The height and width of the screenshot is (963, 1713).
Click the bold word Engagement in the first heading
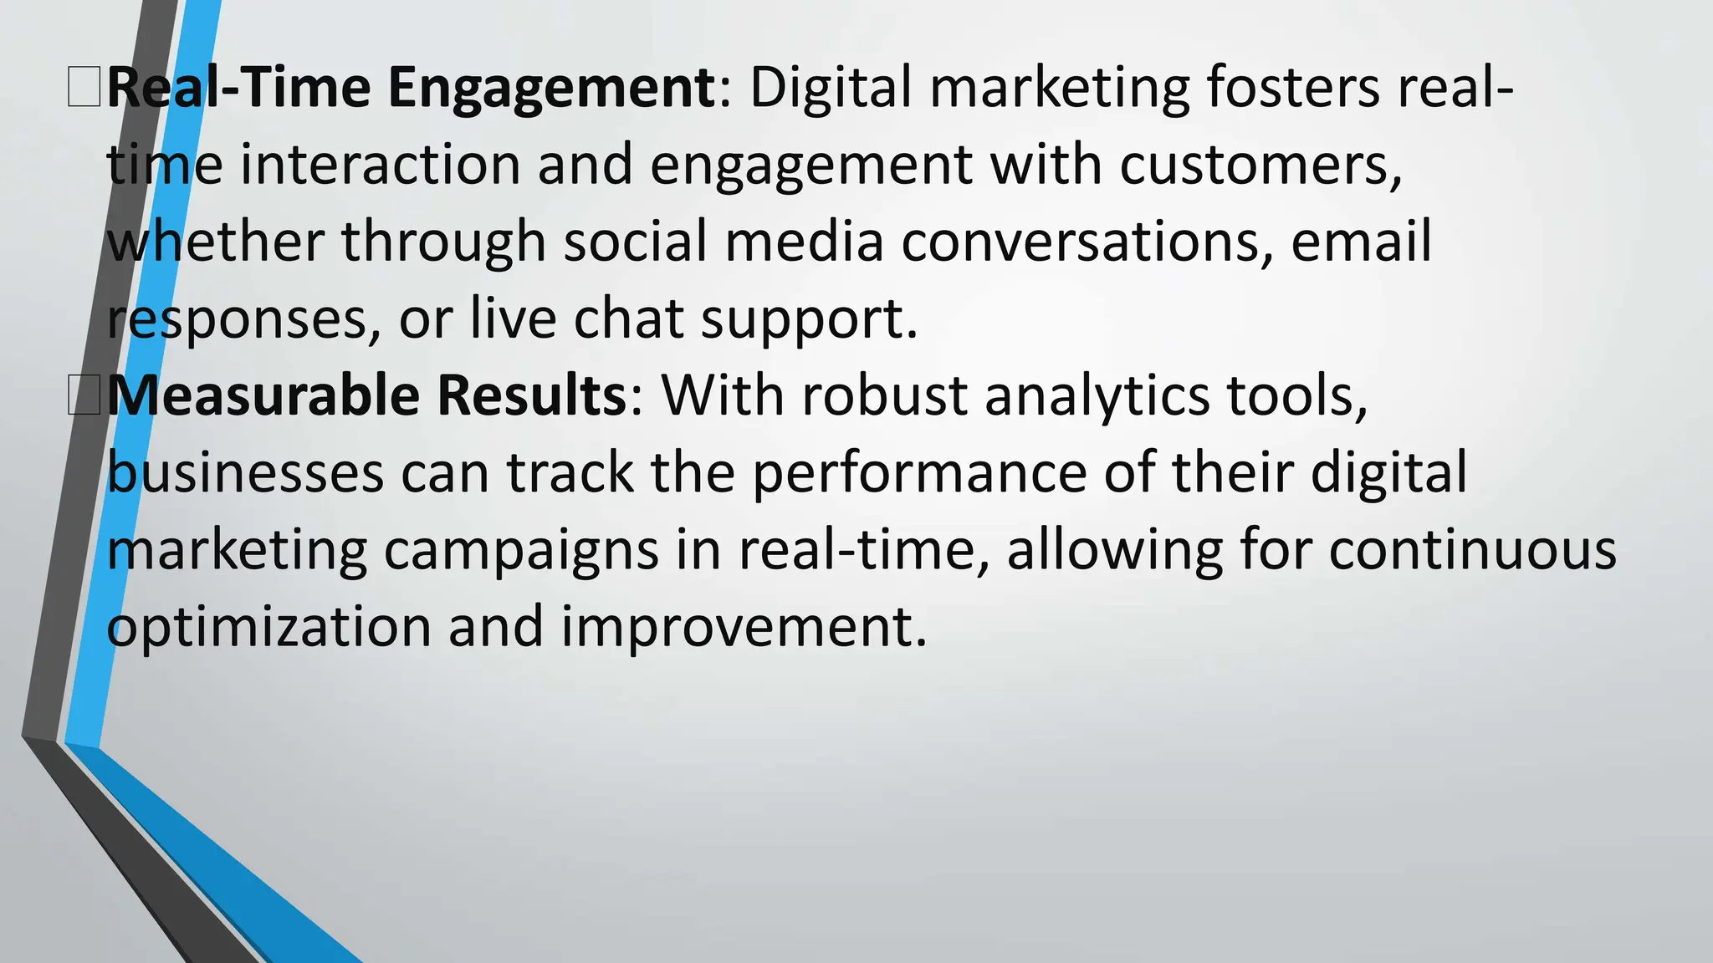point(551,89)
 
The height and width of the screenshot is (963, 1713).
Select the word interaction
point(380,164)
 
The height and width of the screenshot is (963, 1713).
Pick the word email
point(1361,242)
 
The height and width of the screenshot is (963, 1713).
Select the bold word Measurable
point(263,395)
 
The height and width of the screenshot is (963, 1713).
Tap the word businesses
point(245,472)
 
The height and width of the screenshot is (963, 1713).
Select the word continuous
point(1472,550)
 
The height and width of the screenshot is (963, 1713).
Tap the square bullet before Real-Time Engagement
point(84,89)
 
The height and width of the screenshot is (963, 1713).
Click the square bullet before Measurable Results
point(84,395)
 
